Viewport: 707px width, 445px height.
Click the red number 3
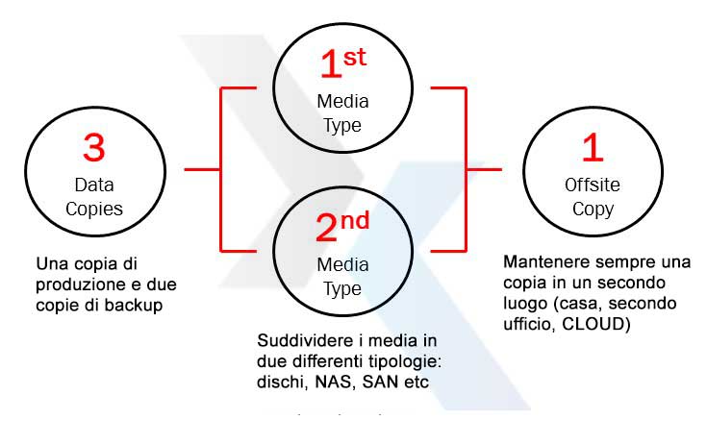pyautogui.click(x=93, y=148)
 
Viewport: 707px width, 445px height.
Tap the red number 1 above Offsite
pyautogui.click(x=593, y=148)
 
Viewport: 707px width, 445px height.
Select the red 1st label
pyautogui.click(x=343, y=64)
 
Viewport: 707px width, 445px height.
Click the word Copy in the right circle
pyautogui.click(x=593, y=209)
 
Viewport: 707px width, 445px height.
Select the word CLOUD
pyautogui.click(x=600, y=324)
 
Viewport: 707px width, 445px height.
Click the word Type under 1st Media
pyautogui.click(x=342, y=125)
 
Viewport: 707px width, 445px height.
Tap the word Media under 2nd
pyautogui.click(x=342, y=264)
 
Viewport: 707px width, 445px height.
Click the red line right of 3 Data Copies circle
pyautogui.click(x=202, y=170)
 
